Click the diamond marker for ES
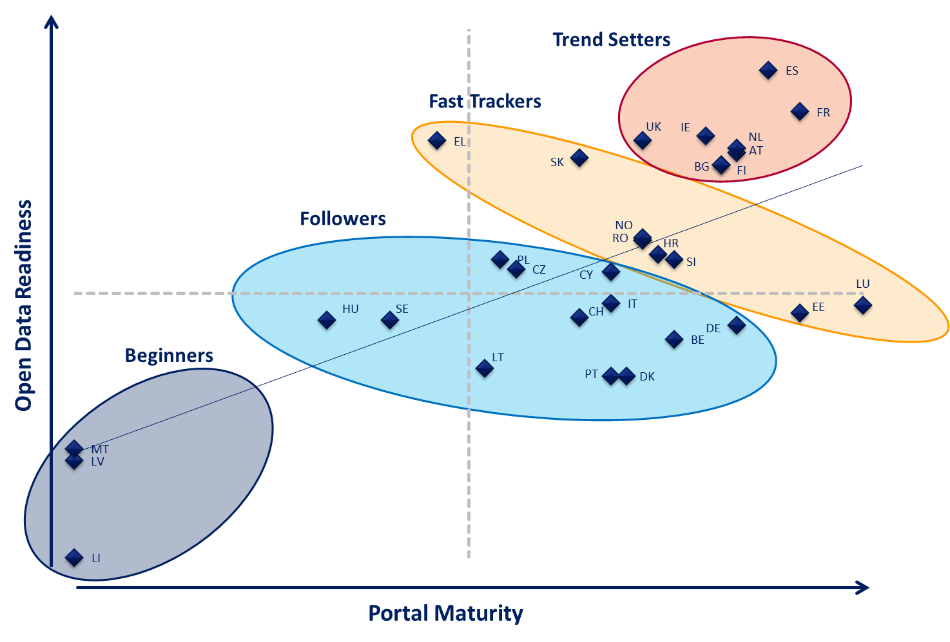click(x=768, y=70)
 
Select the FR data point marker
click(x=800, y=111)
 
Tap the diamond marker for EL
click(x=437, y=140)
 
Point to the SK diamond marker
click(x=579, y=157)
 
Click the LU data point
click(x=863, y=305)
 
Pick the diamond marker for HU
click(x=327, y=319)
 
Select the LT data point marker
click(x=485, y=368)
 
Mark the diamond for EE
click(x=800, y=313)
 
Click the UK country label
click(x=654, y=127)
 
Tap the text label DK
click(x=647, y=377)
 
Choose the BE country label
click(x=697, y=340)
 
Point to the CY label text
click(x=586, y=275)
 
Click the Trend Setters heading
click(x=611, y=40)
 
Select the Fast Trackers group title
click(x=485, y=102)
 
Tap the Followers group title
click(x=343, y=219)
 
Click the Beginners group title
click(x=169, y=355)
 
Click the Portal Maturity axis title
click(x=445, y=613)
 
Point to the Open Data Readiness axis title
click(x=24, y=305)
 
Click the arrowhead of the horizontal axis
click(x=864, y=587)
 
